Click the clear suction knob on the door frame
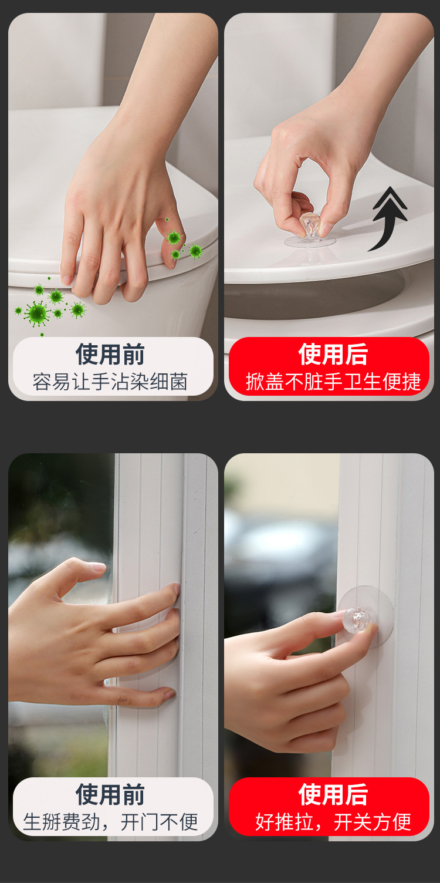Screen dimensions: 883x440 (357, 618)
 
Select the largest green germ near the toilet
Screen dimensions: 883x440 (37, 313)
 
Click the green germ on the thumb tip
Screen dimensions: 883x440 (174, 238)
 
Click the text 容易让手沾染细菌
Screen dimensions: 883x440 (110, 382)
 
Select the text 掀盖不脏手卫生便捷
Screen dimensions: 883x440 (333, 382)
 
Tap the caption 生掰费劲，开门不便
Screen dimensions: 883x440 (110, 822)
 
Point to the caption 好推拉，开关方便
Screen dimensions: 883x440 (333, 822)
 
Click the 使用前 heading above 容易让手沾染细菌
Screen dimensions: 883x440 (110, 355)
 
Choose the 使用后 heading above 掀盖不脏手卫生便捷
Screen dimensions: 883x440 (333, 355)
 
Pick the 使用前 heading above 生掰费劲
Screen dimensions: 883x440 (110, 795)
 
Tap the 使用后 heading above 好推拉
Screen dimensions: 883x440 (333, 795)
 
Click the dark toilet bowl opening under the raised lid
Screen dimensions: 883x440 (305, 299)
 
